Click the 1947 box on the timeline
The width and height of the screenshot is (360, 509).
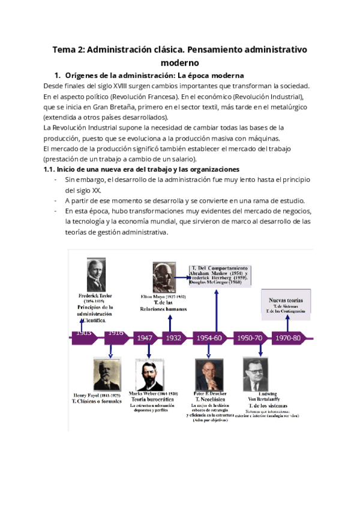coord(145,338)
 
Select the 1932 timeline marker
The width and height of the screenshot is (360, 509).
coord(174,338)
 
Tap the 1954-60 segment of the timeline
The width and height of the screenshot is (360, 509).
coord(209,338)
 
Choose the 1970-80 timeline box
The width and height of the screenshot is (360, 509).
coord(287,338)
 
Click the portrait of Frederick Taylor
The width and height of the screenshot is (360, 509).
coord(96,275)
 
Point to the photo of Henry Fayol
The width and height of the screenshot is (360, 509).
coord(105,373)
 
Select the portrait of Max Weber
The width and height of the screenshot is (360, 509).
coord(149,375)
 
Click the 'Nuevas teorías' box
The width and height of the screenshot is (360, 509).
coord(286,305)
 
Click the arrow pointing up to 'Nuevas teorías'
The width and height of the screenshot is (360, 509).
coord(287,323)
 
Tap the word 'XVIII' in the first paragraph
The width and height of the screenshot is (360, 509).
coord(121,86)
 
